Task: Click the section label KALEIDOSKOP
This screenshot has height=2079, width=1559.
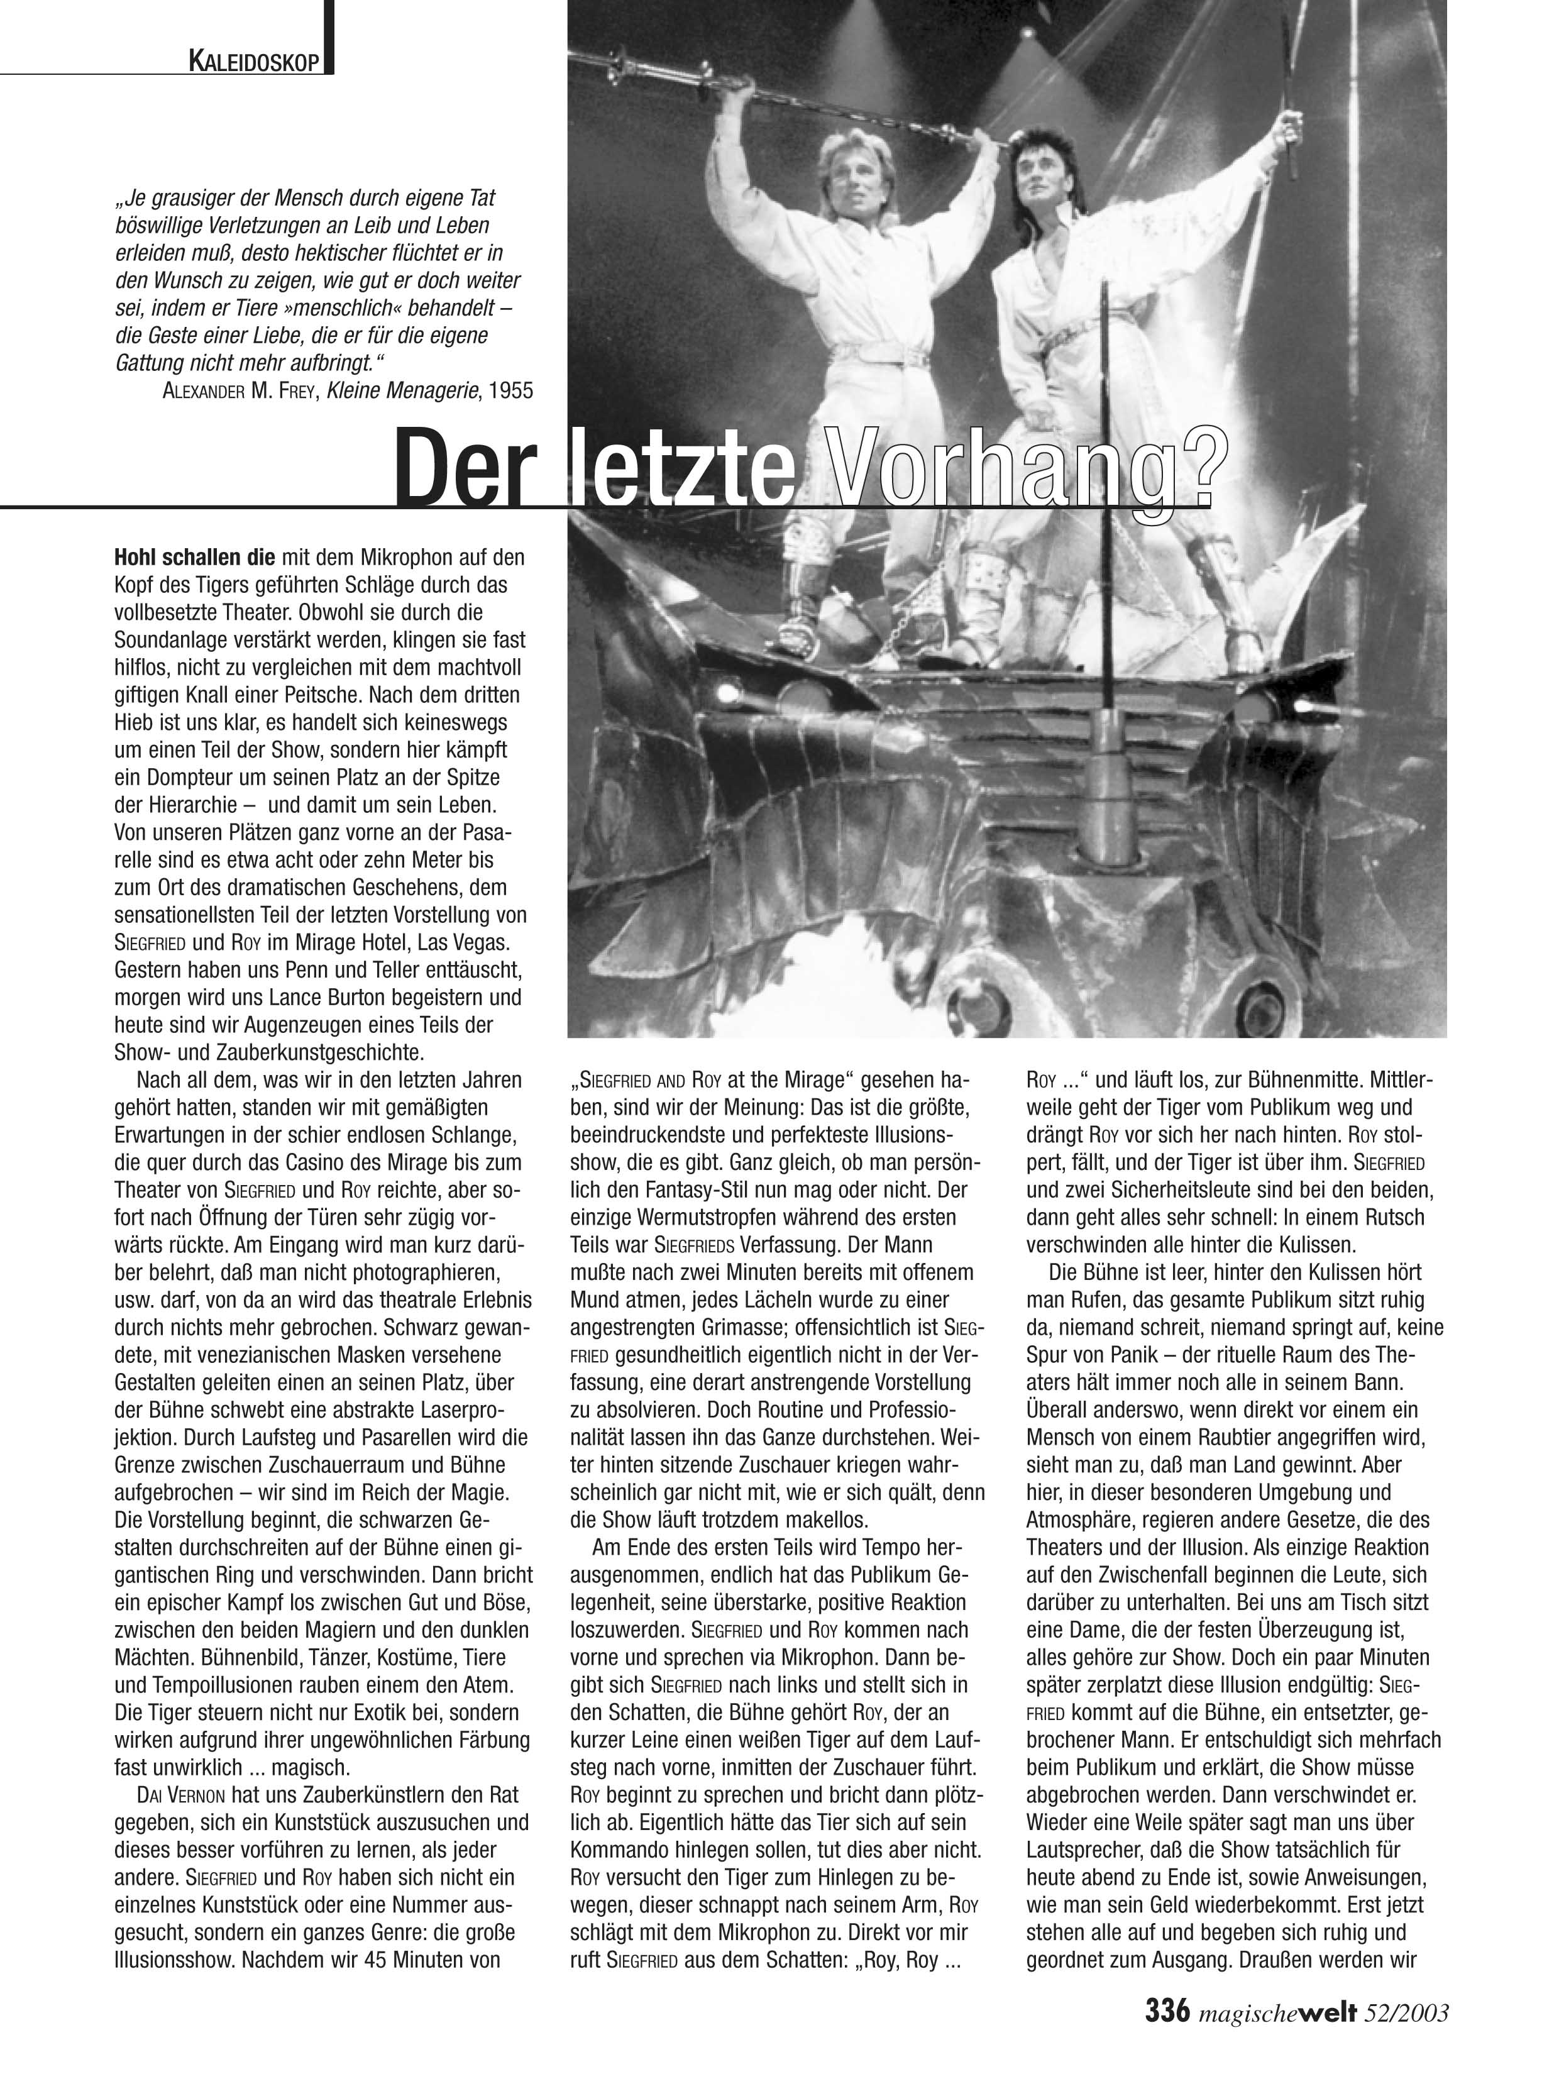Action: point(256,63)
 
